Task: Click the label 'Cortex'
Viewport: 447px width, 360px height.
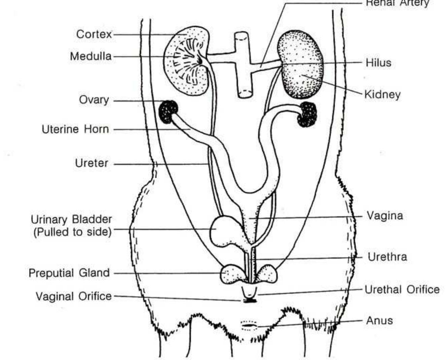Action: (x=94, y=34)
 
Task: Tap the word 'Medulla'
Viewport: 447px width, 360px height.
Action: (x=91, y=56)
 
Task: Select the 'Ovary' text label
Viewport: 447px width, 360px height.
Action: (x=94, y=100)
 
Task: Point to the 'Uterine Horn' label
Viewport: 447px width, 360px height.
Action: (x=75, y=129)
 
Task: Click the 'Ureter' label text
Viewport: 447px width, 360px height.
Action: (x=92, y=163)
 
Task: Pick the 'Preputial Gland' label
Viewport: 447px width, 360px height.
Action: (x=69, y=273)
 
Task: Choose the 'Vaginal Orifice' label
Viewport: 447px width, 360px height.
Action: (x=74, y=296)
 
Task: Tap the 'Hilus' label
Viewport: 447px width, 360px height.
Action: (x=378, y=63)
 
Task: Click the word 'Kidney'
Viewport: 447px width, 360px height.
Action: (x=382, y=94)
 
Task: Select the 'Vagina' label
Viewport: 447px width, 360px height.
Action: (x=384, y=215)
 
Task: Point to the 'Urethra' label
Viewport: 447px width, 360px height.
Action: (x=387, y=257)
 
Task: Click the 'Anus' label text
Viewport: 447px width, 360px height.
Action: (x=379, y=321)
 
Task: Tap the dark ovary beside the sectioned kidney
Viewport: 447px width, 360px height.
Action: (x=168, y=112)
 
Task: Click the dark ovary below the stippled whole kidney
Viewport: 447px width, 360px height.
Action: (x=308, y=114)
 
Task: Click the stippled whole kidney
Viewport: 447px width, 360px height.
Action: (x=301, y=64)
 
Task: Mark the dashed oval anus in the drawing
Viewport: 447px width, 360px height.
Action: (x=249, y=326)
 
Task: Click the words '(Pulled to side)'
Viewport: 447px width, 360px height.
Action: (x=72, y=232)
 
